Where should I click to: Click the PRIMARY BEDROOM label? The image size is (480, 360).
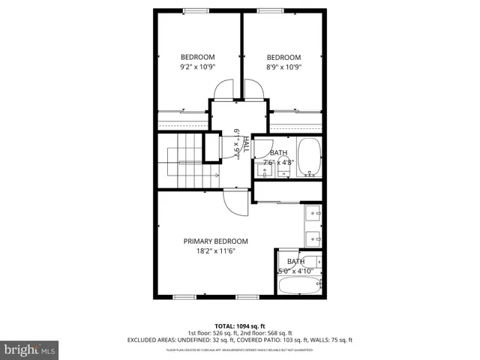coord(216,241)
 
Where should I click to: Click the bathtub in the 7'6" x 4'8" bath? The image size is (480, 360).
coord(309,156)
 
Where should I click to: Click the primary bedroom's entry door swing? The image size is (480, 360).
coord(234,202)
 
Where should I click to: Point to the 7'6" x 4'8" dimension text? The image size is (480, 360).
coord(278,162)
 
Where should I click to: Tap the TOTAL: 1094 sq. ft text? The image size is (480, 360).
coord(240,325)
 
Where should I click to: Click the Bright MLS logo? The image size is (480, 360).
coord(30,349)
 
